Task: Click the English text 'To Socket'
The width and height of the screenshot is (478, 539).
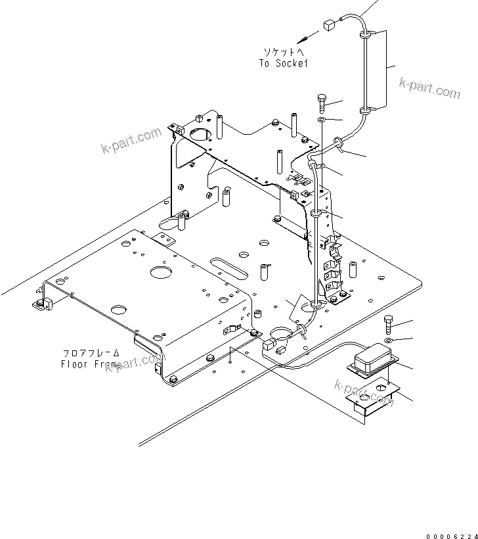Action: coord(283,63)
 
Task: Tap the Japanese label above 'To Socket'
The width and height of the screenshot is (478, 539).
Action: coord(283,51)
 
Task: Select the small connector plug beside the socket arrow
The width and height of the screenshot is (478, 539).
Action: coord(329,26)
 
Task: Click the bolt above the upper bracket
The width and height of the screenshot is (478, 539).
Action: coord(321,103)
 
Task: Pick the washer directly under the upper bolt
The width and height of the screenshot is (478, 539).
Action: coord(322,121)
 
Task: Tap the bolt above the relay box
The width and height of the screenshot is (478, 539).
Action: coord(388,323)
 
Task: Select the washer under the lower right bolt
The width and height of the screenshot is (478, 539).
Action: coord(389,340)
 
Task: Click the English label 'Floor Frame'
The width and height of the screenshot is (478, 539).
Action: coord(91,363)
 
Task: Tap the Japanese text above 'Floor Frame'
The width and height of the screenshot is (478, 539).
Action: coord(91,353)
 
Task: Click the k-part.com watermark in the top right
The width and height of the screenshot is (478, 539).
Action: coord(430,87)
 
